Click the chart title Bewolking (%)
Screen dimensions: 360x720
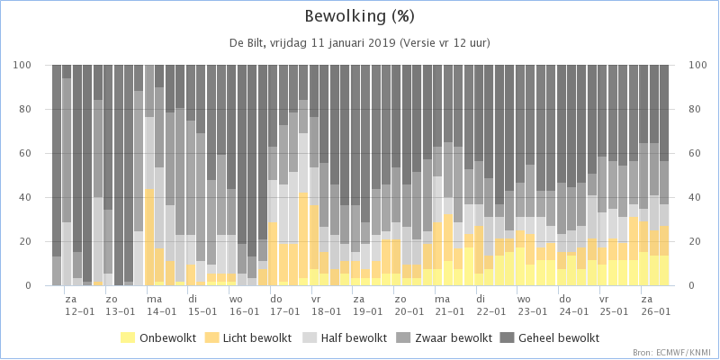pos(360,17)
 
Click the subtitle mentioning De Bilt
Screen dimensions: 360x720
pos(360,42)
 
